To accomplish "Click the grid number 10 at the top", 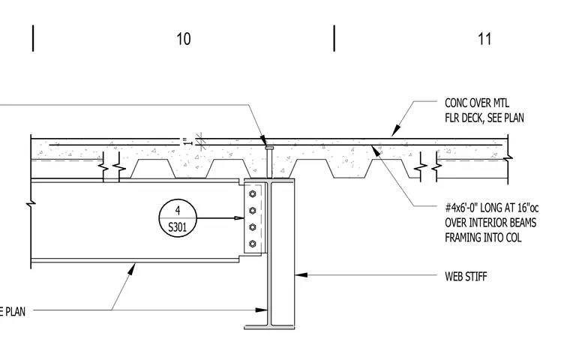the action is (183, 39).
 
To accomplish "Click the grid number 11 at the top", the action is (484, 39).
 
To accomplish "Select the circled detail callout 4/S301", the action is (178, 218).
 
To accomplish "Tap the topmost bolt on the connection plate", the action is (253, 193).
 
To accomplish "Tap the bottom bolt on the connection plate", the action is (253, 244).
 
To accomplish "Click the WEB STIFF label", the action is (466, 276).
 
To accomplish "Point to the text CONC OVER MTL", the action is (476, 103).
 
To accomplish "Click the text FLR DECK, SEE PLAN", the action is (484, 118).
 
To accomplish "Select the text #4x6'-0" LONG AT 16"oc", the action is (492, 208).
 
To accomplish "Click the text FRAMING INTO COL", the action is (483, 238).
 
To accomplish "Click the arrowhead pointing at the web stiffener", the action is (300, 275).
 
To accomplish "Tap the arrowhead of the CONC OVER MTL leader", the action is (396, 131).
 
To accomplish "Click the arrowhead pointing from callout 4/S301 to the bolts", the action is (238, 218).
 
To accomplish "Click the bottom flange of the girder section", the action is (269, 327).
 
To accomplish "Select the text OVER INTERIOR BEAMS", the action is (490, 223).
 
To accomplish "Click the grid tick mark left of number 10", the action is (33, 38).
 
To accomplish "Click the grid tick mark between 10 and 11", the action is (334, 38).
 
